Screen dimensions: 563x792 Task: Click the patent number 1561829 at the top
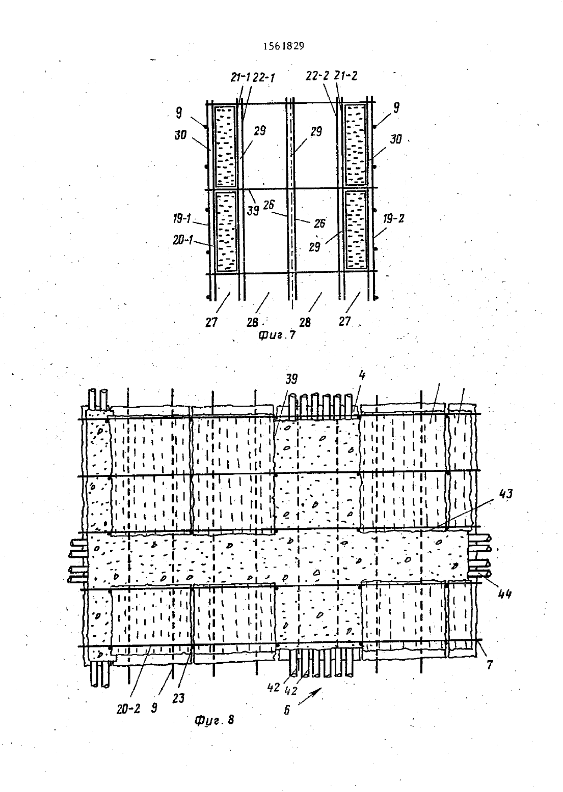pos(284,46)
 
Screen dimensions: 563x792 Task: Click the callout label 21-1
pos(240,77)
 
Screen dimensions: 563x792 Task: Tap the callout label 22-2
pos(317,76)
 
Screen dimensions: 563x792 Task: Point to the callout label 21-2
pos(346,76)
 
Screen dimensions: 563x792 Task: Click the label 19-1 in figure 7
pos(182,219)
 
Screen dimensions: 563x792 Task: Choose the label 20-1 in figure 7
pos(183,240)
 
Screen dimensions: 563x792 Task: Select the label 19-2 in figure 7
pos(393,219)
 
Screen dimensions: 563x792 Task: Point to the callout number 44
pos(504,595)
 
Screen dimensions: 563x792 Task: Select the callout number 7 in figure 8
pos(490,665)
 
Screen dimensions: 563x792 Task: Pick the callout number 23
pos(178,698)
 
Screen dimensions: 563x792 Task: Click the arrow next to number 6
pos(310,696)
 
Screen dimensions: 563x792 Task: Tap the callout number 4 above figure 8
pos(362,376)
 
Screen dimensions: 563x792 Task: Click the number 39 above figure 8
pos(291,379)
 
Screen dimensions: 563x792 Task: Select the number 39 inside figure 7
pos(253,211)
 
